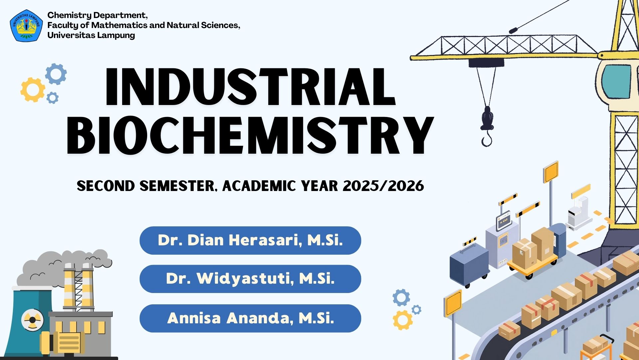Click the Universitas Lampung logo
pyautogui.click(x=26, y=26)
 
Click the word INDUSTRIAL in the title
pyautogui.click(x=250, y=87)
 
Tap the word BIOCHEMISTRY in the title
pyautogui.click(x=250, y=136)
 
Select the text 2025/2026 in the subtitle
pyautogui.click(x=383, y=186)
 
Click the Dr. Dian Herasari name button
pyautogui.click(x=250, y=240)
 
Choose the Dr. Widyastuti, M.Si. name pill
pyautogui.click(x=250, y=279)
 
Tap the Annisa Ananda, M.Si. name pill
pyautogui.click(x=250, y=318)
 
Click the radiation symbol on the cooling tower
pyautogui.click(x=32, y=320)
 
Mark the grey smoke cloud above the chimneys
pyautogui.click(x=63, y=267)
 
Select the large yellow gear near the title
pyautogui.click(x=32, y=90)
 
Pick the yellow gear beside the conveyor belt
pyautogui.click(x=402, y=320)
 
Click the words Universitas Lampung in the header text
pyautogui.click(x=91, y=35)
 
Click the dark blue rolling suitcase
pyautogui.click(x=468, y=267)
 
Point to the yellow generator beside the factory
pyautogui.click(x=63, y=342)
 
